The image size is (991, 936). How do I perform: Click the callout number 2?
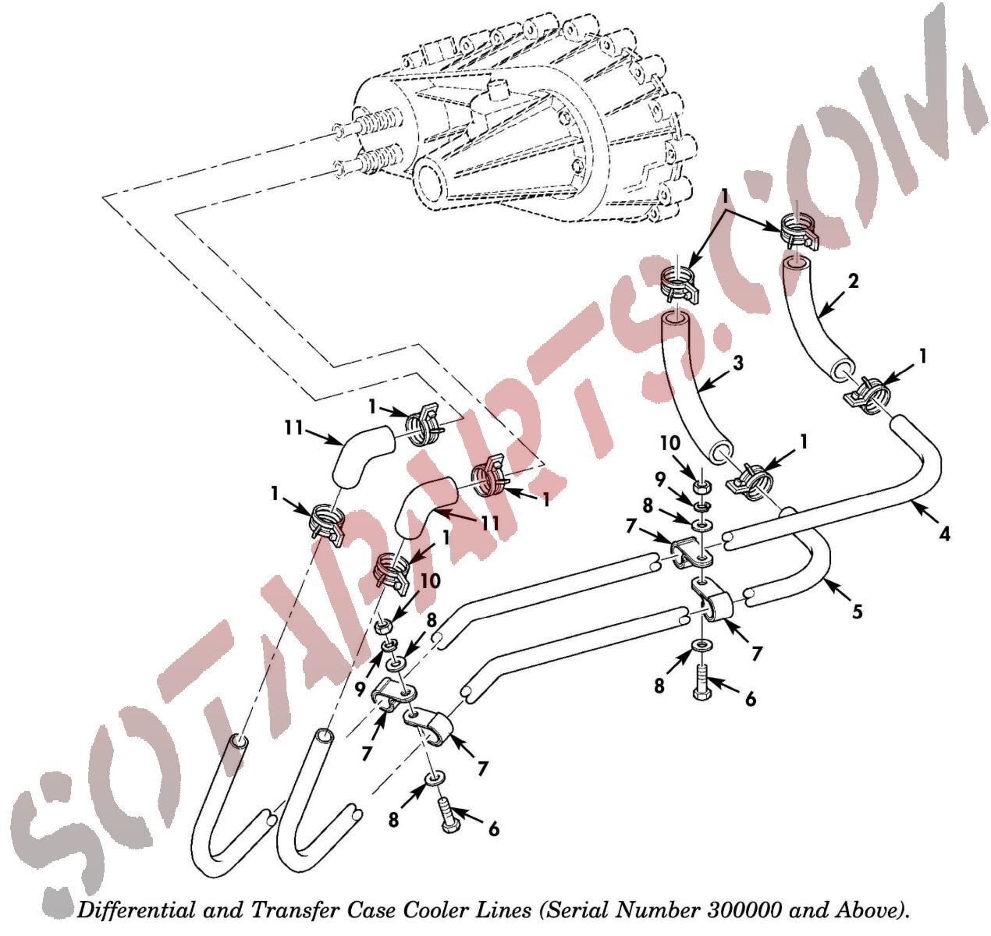(x=854, y=282)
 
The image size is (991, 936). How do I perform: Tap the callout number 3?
(x=738, y=363)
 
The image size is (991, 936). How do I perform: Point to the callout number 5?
(x=858, y=611)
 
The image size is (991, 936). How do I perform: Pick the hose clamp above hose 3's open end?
(x=679, y=285)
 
